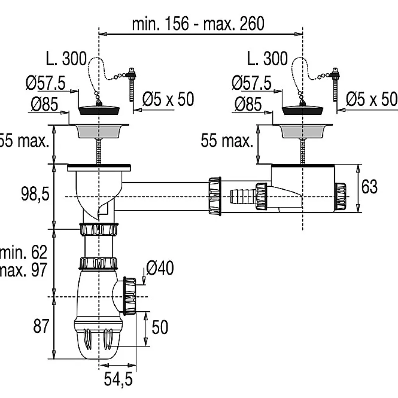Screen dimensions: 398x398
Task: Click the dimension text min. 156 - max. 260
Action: [x=198, y=24]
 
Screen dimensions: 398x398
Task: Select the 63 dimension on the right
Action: [x=369, y=186]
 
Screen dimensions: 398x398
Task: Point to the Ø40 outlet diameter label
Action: [x=160, y=268]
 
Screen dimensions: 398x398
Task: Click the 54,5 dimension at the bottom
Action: [x=118, y=379]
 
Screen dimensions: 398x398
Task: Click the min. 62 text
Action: [x=24, y=253]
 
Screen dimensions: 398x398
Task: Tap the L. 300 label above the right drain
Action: [x=267, y=59]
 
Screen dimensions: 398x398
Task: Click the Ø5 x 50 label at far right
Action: [x=371, y=99]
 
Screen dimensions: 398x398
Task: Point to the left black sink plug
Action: [x=99, y=110]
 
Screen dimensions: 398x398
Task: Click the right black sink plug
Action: [x=302, y=110]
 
